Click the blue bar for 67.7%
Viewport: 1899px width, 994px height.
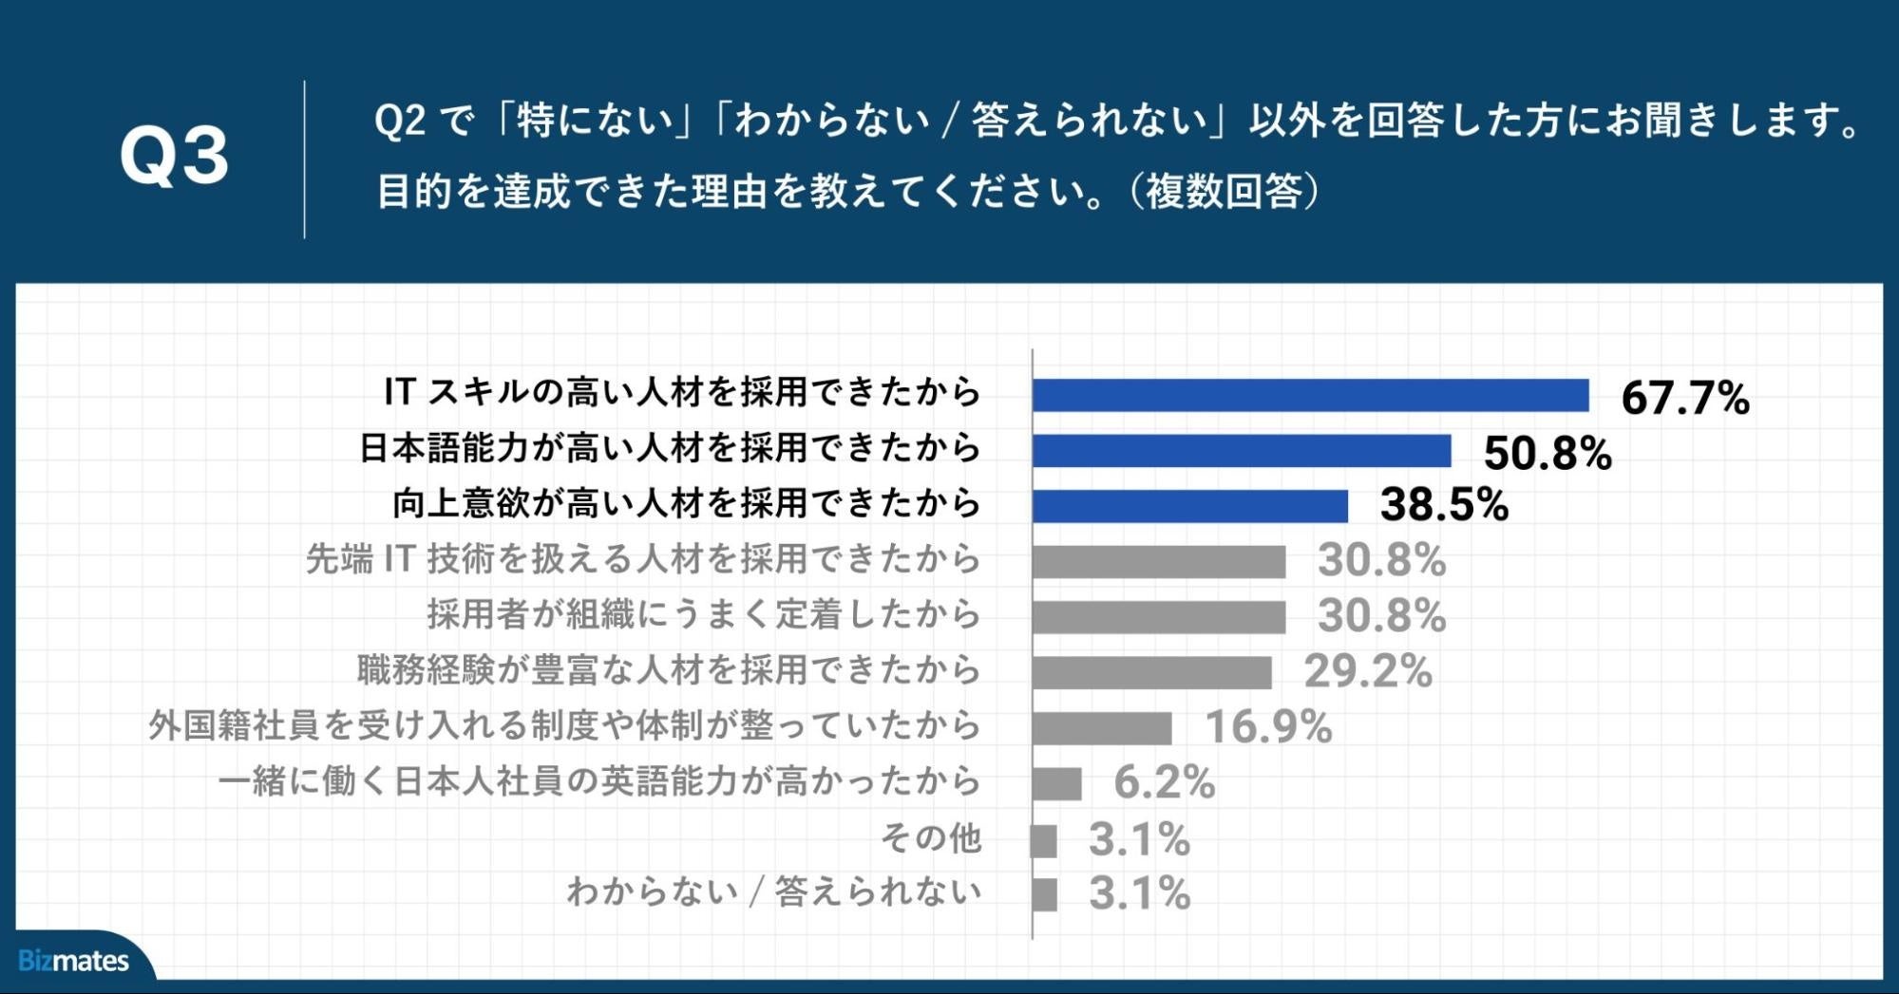1310,395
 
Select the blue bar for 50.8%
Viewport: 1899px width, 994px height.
1242,451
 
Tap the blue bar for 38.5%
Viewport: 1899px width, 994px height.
1189,506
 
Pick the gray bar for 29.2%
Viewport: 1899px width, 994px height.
1151,672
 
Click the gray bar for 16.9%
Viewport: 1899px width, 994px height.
1102,728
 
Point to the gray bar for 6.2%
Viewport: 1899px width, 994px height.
1056,784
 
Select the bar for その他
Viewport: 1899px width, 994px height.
1044,840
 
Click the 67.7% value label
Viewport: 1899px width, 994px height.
1684,397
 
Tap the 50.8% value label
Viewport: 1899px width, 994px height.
1547,453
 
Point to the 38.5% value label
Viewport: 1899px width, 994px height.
1443,505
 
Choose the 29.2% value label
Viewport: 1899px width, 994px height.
1367,671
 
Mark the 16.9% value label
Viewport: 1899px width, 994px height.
1267,727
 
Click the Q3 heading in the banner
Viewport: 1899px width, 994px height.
174,156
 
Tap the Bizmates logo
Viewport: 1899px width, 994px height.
73,961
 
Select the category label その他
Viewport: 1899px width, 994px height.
930,837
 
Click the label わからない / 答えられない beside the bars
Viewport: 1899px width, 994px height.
773,891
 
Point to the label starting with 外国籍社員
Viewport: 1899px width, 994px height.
564,725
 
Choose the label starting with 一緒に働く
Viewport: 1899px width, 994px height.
599,781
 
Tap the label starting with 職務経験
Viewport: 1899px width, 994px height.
669,670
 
